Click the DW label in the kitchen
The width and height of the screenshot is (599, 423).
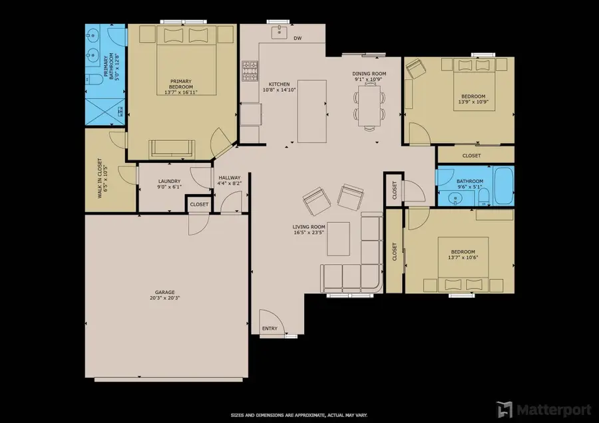[x=298, y=38]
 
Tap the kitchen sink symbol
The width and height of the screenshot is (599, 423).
[x=280, y=32]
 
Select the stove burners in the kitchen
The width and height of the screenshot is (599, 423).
[x=250, y=71]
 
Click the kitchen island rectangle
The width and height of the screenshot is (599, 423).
[x=312, y=111]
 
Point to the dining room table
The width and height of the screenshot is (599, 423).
[x=369, y=106]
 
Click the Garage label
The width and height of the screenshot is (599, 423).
[x=164, y=293]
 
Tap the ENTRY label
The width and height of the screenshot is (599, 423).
[x=270, y=329]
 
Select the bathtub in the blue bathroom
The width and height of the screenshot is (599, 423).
[x=504, y=186]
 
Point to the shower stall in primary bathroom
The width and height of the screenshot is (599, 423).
[x=105, y=111]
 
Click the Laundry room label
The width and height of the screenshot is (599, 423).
[x=169, y=182]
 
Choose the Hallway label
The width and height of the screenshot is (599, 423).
[x=230, y=178]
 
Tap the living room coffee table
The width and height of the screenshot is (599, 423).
[x=338, y=239]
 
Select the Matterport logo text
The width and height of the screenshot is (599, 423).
[x=554, y=410]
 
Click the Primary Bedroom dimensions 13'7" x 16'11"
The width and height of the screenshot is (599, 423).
[x=180, y=92]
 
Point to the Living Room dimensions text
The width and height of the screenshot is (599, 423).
[x=309, y=232]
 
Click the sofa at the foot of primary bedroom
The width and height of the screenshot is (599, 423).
[x=172, y=148]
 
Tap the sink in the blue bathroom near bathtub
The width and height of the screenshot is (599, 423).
[x=455, y=198]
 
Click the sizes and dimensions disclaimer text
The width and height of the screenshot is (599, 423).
[x=299, y=415]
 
